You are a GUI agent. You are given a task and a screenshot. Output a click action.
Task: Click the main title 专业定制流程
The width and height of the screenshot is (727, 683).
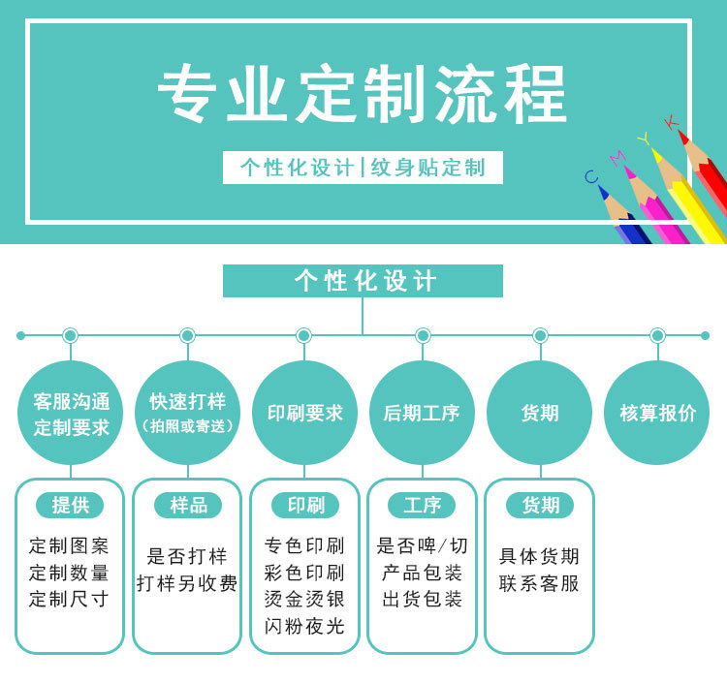coord(363,95)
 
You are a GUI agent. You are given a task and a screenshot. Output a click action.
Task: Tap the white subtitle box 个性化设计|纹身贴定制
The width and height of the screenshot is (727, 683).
coord(363,168)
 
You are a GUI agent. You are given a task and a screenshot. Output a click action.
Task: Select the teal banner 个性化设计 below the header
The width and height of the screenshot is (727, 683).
coord(363,281)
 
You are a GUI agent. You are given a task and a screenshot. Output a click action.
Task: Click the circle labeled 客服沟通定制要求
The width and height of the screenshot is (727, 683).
coord(71,414)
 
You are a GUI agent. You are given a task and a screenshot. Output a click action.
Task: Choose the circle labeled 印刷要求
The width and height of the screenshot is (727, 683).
coord(304,413)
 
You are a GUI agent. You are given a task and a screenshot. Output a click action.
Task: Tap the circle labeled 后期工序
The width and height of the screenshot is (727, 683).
coord(422,413)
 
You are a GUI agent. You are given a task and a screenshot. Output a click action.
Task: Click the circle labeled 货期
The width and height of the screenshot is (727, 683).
coord(539,413)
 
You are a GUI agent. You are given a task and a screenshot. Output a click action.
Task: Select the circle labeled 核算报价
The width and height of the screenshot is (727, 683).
coord(657,413)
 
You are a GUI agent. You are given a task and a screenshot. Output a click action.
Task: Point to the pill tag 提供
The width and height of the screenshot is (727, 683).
coord(71,505)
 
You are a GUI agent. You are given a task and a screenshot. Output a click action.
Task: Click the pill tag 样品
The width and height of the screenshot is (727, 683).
coord(188,505)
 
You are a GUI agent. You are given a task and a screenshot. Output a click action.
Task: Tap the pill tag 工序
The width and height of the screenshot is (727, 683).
coord(422,505)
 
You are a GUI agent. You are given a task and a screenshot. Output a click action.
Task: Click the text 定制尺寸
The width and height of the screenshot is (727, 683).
coord(69,599)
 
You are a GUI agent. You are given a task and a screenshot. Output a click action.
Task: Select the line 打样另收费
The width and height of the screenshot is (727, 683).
coord(187,583)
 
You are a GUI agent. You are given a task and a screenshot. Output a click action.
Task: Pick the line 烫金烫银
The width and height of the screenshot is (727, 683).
coord(304,599)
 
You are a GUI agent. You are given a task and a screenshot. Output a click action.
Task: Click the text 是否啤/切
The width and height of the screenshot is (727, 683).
coord(422,545)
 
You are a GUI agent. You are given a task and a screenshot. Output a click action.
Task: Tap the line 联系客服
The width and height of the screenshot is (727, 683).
coord(539,583)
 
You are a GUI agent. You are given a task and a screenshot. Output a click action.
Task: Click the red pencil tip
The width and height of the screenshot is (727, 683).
coord(683,136)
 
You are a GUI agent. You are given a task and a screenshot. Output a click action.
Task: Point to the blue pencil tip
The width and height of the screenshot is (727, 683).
coord(603,191)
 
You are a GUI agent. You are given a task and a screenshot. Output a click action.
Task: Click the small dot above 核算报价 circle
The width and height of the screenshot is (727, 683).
coord(657,335)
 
